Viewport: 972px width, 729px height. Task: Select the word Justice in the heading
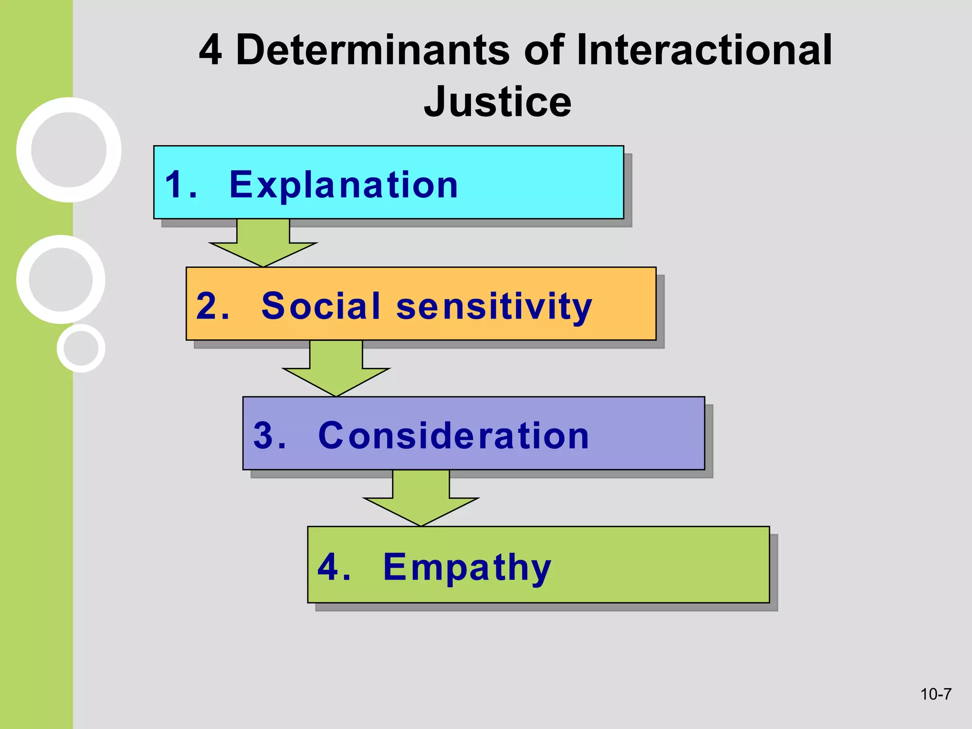(497, 102)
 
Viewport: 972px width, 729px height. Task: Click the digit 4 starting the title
(210, 50)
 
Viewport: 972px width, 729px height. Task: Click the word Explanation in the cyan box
(344, 185)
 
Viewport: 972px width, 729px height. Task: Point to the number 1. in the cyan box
(180, 185)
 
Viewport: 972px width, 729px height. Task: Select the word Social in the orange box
(321, 306)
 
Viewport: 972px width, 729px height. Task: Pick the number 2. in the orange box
(213, 306)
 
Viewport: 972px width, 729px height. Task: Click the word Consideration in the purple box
(454, 435)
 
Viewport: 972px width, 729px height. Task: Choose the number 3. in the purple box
(270, 435)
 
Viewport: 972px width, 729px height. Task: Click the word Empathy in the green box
(467, 567)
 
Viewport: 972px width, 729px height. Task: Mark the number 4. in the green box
(334, 567)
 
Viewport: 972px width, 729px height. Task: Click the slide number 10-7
(935, 694)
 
